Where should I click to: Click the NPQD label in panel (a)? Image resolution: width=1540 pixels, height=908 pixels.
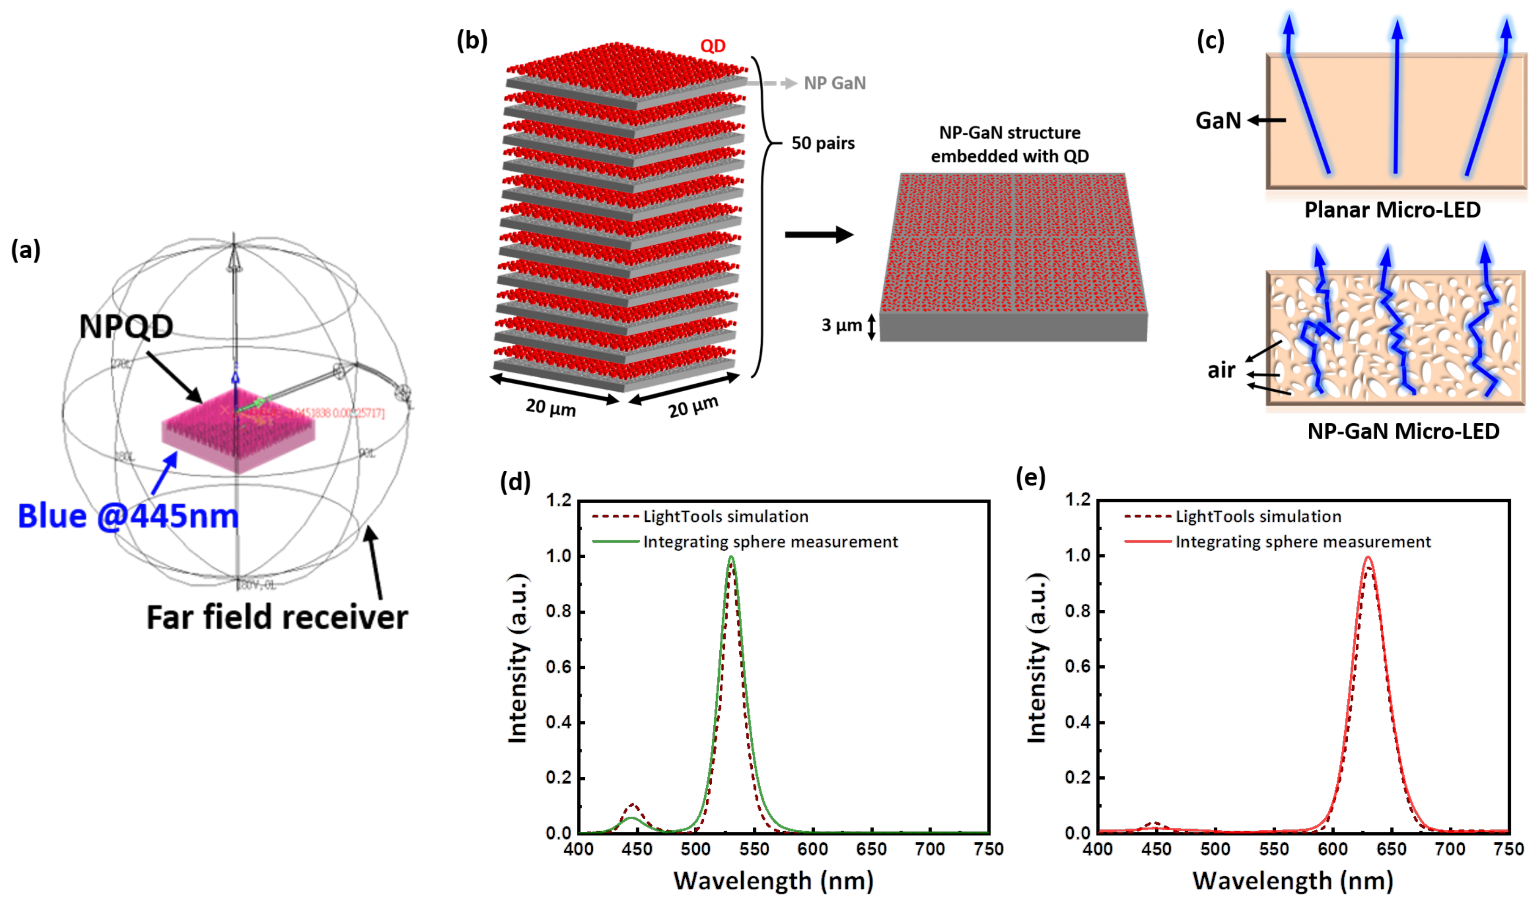click(126, 327)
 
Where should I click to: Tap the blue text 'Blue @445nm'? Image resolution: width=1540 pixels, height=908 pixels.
click(128, 516)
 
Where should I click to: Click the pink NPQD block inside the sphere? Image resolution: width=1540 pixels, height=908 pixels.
click(238, 428)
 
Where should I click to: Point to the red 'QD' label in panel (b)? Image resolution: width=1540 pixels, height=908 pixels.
click(712, 46)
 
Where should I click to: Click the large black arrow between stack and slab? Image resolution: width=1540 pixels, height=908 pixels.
click(819, 234)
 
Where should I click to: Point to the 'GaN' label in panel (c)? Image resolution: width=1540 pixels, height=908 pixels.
click(1218, 120)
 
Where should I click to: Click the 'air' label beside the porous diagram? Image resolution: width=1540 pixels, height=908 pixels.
click(1221, 370)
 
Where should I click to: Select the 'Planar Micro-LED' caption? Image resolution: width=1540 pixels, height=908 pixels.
click(1392, 210)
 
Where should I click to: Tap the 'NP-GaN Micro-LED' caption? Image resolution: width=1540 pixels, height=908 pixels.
click(1403, 431)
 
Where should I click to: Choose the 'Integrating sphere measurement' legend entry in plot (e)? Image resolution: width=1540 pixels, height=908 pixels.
click(1303, 541)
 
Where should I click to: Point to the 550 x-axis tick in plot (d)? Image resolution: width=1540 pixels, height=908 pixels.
click(754, 849)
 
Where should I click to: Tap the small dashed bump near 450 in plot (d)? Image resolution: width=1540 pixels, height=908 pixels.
click(633, 805)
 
